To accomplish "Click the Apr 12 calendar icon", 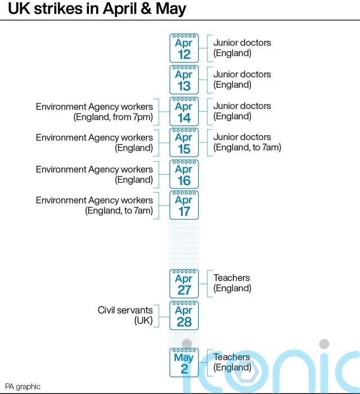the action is [x=184, y=48].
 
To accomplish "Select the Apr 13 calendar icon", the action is [x=184, y=80].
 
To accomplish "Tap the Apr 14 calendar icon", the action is [x=184, y=111].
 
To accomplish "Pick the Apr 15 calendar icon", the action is [x=184, y=142].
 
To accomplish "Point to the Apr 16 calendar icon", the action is [x=184, y=174].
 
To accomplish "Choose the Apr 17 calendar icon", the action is [x=184, y=205].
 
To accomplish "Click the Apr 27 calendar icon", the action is [x=184, y=284].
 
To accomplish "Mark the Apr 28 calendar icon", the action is [x=184, y=315].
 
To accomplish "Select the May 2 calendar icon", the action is [x=184, y=363].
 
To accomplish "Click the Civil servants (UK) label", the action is [x=125, y=315].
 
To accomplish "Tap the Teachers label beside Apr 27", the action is [x=232, y=283].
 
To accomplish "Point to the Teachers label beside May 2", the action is [x=232, y=362].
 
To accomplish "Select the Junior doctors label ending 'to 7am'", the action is [x=247, y=142].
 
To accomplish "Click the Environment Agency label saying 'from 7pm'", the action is [x=94, y=112].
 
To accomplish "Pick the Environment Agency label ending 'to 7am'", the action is [x=94, y=205].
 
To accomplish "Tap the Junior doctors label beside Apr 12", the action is [x=242, y=48].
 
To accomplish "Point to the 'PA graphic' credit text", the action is [x=23, y=387].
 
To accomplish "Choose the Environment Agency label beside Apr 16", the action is [x=94, y=174].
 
